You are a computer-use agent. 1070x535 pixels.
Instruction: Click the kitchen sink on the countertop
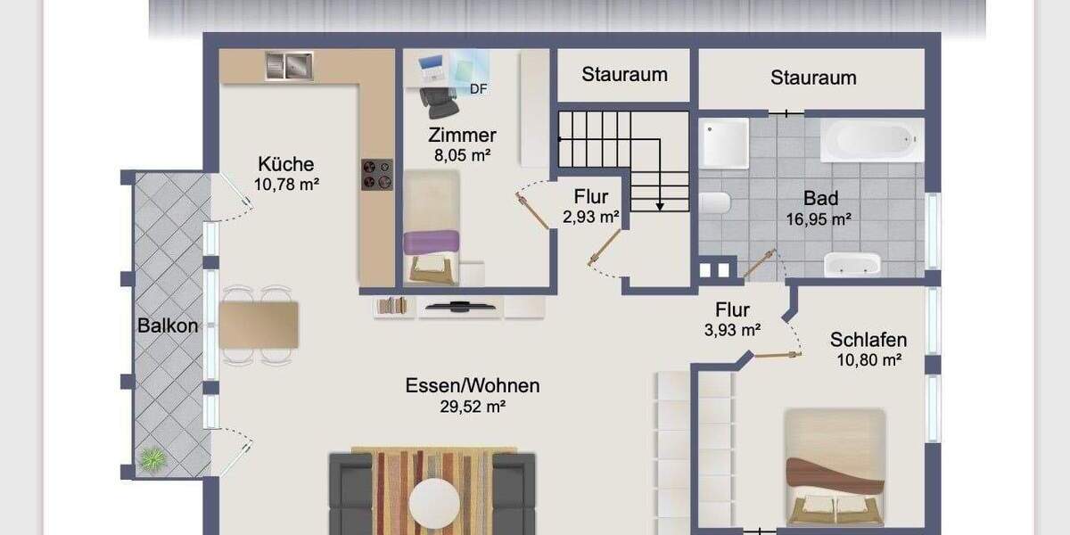click(x=289, y=65)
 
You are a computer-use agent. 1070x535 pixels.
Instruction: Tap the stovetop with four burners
click(x=377, y=175)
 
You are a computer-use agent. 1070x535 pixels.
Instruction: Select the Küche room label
click(x=286, y=164)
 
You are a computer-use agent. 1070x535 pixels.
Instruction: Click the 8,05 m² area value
click(x=463, y=155)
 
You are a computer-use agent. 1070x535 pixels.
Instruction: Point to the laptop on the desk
click(x=432, y=68)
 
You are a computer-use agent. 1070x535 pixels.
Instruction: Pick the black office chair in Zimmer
click(x=439, y=103)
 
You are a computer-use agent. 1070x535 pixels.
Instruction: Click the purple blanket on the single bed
click(x=432, y=243)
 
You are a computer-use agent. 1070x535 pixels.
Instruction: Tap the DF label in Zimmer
click(x=478, y=89)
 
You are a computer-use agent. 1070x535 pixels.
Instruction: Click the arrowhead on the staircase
click(x=660, y=207)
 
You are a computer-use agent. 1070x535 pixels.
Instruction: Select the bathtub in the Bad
click(x=872, y=140)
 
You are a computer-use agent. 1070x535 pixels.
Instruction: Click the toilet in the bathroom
click(x=714, y=202)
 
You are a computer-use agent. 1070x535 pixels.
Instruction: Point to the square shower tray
click(x=724, y=144)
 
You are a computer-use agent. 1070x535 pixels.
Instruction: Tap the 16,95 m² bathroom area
click(x=819, y=219)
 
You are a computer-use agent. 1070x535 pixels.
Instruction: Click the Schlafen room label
click(x=868, y=340)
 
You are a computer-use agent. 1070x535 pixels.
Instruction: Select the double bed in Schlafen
click(x=835, y=467)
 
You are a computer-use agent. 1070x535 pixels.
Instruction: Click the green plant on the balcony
click(x=152, y=459)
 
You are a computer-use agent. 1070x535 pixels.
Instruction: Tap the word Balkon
click(x=168, y=325)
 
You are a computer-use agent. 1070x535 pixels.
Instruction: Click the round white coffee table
click(x=434, y=504)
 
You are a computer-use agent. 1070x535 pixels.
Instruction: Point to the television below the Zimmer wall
click(x=459, y=306)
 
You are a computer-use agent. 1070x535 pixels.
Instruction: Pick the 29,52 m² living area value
click(x=473, y=407)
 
